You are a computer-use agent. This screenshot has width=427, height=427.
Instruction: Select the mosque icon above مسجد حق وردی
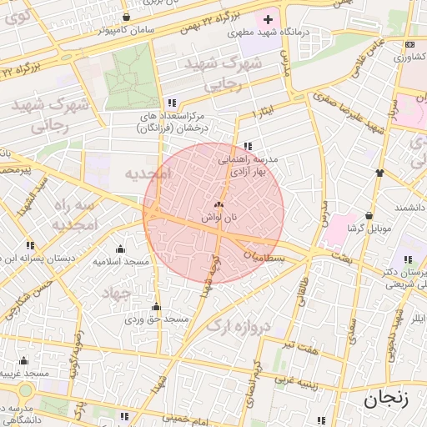coord(155,306)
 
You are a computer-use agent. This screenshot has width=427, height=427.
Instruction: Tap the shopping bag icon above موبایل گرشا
coord(369,215)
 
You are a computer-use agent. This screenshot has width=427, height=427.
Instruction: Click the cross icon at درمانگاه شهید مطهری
coord(268,19)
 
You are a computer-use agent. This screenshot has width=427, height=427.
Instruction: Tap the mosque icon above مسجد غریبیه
coord(23,360)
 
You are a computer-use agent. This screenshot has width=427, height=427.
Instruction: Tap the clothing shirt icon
coord(379,173)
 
